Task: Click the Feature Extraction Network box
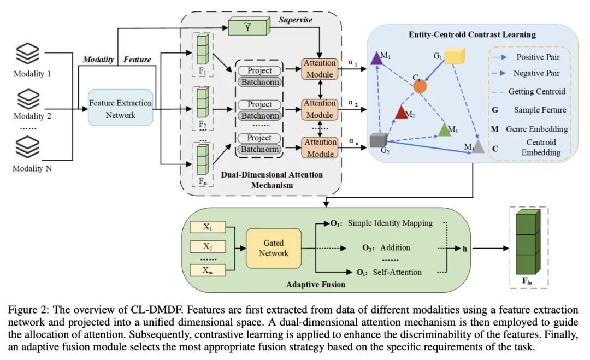click(120, 108)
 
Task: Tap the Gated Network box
click(274, 248)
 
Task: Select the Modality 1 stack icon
click(27, 54)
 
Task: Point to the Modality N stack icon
click(27, 147)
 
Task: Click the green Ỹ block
click(249, 26)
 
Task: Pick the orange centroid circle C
click(420, 86)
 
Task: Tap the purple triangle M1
click(376, 58)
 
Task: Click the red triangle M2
click(401, 112)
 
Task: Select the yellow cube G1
click(455, 56)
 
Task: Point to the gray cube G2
click(378, 140)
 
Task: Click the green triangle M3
click(445, 129)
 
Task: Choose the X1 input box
click(208, 227)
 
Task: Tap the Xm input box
click(208, 270)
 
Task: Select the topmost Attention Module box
click(320, 68)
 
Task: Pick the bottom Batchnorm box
click(260, 149)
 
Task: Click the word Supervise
click(296, 20)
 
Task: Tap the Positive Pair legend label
click(538, 57)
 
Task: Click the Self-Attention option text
click(397, 273)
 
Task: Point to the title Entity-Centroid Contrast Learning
click(472, 34)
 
